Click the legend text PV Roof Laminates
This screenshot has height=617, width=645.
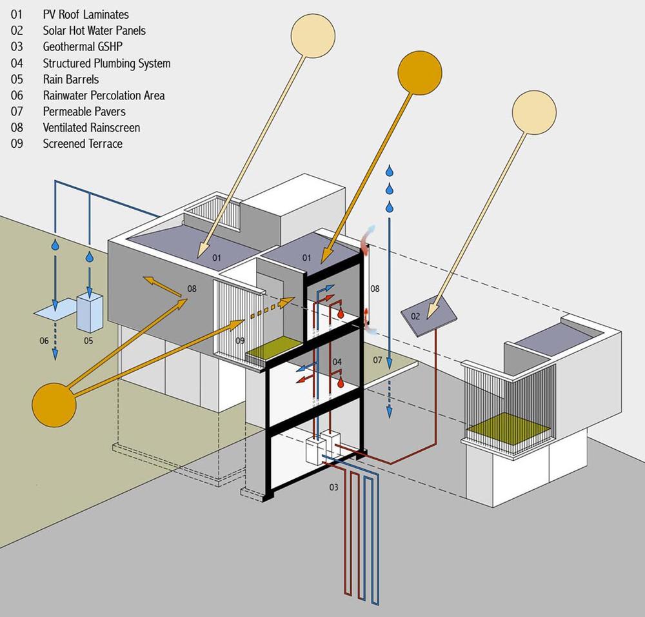85,14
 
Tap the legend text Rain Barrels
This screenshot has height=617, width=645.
71,79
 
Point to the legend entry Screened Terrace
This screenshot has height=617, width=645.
83,143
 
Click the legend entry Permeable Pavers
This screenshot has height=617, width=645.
84,111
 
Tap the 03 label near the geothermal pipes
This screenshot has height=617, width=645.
333,487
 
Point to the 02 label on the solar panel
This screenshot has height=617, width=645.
416,316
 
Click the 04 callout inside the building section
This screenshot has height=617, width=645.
337,362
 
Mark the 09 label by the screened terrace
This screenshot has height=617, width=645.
239,339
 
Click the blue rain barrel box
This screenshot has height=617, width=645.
89,312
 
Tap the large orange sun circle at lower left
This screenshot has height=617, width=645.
54,404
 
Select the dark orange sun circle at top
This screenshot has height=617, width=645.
419,71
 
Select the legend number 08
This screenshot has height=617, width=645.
17,127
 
